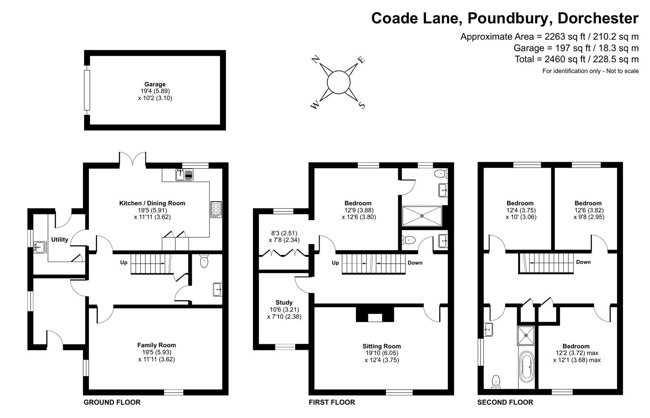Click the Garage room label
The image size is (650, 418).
(155, 84)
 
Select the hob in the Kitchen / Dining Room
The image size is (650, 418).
(216, 209)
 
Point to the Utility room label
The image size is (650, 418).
(60, 240)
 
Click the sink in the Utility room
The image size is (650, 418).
(39, 247)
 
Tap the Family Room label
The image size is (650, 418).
(156, 345)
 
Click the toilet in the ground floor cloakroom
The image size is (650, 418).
(204, 262)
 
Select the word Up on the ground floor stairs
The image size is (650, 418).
(124, 262)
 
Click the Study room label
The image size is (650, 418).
(284, 303)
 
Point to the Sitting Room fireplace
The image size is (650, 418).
(375, 314)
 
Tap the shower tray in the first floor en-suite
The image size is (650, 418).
(422, 216)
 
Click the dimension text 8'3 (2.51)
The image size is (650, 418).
(284, 233)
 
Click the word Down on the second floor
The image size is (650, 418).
(583, 262)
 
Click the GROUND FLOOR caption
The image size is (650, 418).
(112, 403)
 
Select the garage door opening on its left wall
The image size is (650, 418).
(87, 90)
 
